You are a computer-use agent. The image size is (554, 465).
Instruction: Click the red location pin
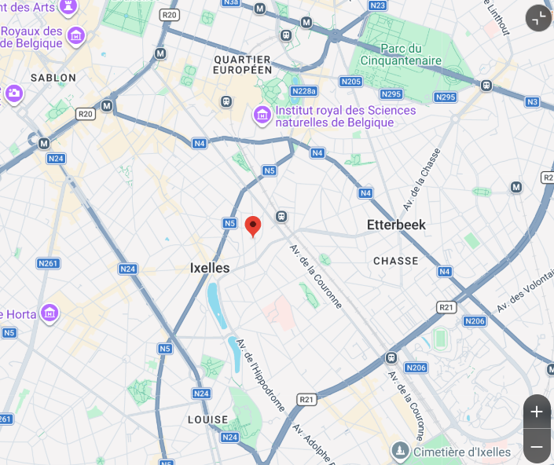(253, 225)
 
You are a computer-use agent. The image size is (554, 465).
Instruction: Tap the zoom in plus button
(537, 412)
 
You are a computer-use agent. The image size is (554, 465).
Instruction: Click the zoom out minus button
(537, 447)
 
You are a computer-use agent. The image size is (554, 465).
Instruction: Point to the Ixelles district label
(210, 268)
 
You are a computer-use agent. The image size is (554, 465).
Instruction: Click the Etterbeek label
(396, 225)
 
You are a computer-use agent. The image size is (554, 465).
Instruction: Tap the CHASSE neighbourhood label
(396, 261)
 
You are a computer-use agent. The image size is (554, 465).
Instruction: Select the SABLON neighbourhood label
(53, 78)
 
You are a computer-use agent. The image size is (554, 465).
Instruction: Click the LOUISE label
(207, 419)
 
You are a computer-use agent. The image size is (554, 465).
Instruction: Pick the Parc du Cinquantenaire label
(401, 54)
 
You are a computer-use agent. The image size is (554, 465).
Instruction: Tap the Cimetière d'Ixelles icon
(401, 451)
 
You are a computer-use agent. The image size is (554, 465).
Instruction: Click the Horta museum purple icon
(50, 313)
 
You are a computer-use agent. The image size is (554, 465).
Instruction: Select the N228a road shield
(303, 92)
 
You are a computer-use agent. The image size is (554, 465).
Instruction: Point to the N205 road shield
(350, 81)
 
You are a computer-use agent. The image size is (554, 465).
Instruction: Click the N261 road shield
(48, 263)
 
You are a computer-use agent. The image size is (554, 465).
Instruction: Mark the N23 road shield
(377, 5)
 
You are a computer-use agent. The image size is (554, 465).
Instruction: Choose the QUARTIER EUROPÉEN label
(242, 64)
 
